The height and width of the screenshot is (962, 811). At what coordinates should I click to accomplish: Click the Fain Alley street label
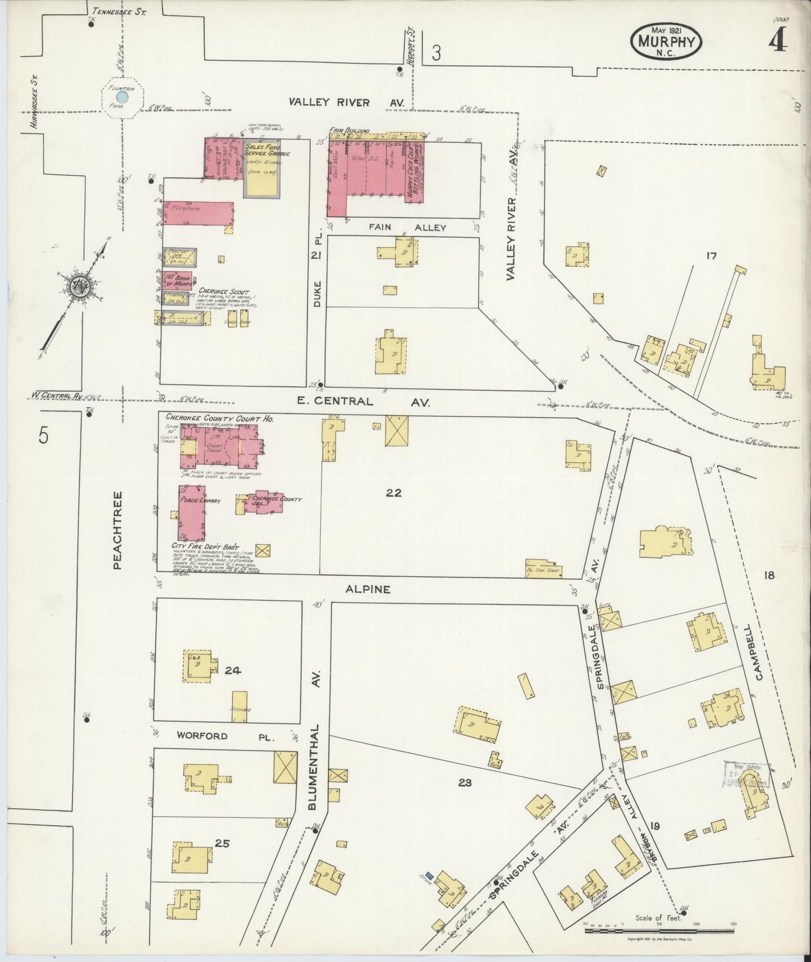tap(406, 228)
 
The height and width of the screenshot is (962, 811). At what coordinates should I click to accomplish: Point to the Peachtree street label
tap(117, 530)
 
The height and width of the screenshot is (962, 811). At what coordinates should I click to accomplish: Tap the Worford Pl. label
tap(224, 736)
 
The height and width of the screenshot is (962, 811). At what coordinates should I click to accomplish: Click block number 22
tap(394, 493)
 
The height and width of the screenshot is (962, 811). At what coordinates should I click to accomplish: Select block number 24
tap(232, 670)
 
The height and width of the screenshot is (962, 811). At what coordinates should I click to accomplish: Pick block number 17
tap(711, 256)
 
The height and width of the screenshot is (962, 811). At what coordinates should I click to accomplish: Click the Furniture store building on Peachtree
tap(196, 213)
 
